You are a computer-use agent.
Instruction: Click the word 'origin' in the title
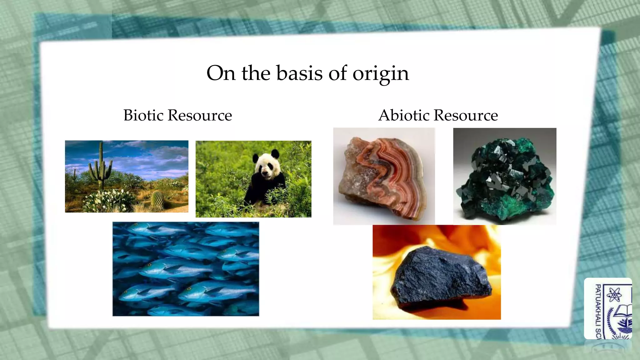381,74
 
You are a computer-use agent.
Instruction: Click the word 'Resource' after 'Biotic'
200,115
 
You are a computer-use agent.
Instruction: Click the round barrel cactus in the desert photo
157,199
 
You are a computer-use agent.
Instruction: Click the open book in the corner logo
623,311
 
